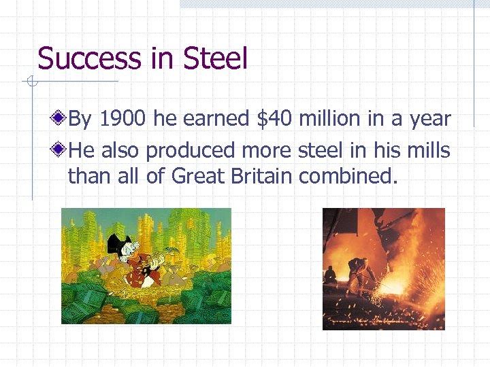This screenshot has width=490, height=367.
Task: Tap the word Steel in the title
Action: pos(215,58)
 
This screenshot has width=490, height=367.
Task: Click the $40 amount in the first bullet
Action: pos(275,120)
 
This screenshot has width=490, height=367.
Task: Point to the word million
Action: pos(329,120)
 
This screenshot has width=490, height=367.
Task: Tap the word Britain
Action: pos(261,176)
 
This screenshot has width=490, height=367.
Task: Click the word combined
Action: pos(347,176)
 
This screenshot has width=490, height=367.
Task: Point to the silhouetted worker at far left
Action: pos(330,275)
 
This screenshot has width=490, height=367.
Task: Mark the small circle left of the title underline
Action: pos(30,82)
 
